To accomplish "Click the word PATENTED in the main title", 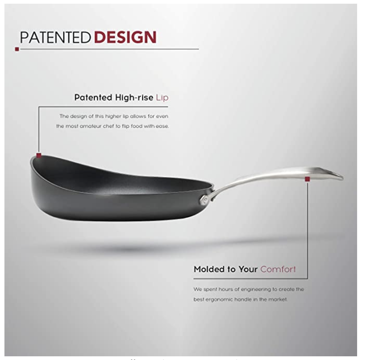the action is tap(55, 37).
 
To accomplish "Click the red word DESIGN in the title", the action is tap(125, 37).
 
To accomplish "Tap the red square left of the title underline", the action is tap(17, 49).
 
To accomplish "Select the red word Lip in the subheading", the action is tap(162, 97).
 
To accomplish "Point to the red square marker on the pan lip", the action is tap(39, 156).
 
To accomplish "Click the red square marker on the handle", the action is tap(307, 179).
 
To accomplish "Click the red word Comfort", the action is tap(278, 269).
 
